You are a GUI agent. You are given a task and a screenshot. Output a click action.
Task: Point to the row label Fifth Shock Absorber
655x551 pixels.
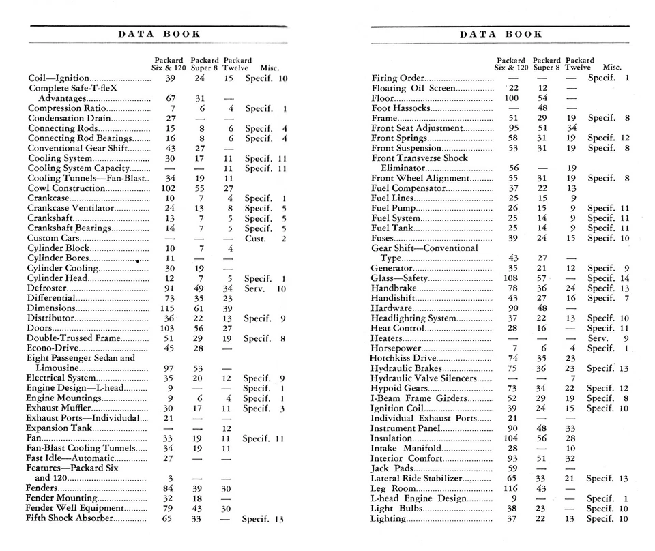[65, 519]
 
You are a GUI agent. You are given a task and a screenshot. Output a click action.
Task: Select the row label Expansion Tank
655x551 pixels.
[59, 428]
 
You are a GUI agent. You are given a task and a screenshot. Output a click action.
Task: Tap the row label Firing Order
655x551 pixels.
[398, 78]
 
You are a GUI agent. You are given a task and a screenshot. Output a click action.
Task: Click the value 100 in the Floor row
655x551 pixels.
[511, 98]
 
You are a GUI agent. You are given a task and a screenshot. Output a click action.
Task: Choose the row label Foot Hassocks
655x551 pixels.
[401, 108]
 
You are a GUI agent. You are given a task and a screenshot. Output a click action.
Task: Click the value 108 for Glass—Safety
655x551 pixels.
[511, 278]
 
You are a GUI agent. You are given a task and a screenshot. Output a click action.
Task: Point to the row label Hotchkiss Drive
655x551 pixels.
[403, 358]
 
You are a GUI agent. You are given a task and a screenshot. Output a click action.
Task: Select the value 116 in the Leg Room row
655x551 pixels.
[511, 489]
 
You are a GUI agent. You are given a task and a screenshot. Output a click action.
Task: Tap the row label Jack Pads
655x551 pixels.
[390, 468]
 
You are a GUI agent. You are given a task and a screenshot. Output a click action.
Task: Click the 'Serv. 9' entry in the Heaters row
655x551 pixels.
[608, 338]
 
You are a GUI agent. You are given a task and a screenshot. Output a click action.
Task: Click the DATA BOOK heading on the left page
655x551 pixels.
[159, 33]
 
